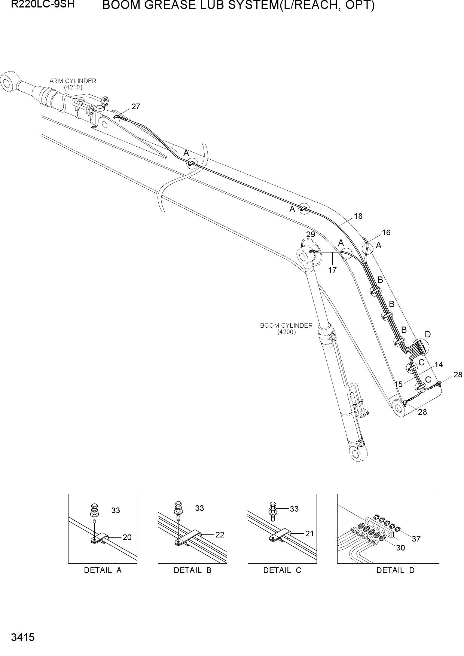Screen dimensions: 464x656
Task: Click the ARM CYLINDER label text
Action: (x=73, y=81)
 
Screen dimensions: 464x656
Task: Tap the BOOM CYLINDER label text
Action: (x=286, y=325)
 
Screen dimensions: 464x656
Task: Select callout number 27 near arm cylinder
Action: (x=136, y=107)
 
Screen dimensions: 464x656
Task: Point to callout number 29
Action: (x=311, y=234)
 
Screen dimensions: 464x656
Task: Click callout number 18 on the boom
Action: (x=358, y=216)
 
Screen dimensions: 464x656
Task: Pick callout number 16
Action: (x=386, y=233)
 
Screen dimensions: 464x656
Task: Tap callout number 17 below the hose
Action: (x=332, y=270)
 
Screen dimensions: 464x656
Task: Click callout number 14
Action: (x=439, y=365)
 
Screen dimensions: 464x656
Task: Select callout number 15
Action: (x=398, y=384)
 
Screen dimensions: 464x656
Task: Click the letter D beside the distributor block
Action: (x=428, y=334)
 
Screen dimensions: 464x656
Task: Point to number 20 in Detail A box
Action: (x=127, y=537)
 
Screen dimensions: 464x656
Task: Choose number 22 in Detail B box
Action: (x=220, y=535)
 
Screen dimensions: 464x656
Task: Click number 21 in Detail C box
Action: (x=309, y=534)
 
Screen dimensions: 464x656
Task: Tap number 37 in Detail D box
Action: (x=416, y=539)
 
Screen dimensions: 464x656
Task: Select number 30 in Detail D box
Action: (x=400, y=548)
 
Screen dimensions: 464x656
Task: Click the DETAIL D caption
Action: (x=396, y=570)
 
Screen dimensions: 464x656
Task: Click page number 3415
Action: (x=23, y=637)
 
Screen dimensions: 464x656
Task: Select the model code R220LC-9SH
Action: (x=43, y=5)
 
